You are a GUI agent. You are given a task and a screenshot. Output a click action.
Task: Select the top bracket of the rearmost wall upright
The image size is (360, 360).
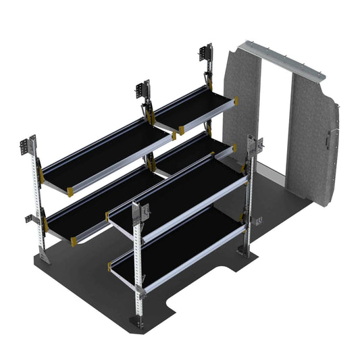205,55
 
